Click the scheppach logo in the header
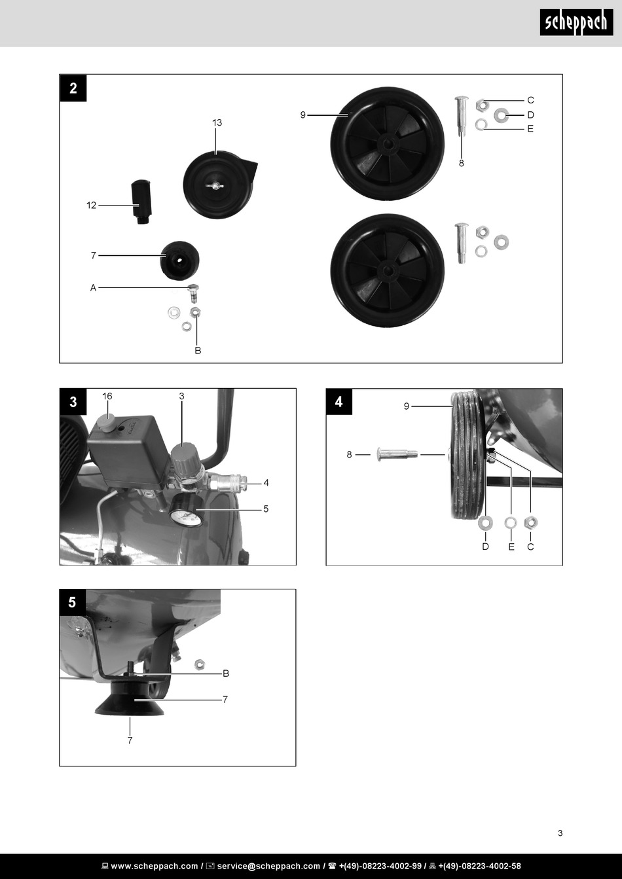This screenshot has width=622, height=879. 576,22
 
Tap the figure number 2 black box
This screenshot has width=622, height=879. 73,88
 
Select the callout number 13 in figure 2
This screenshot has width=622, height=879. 217,123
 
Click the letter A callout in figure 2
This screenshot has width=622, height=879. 93,288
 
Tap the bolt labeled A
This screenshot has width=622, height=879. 193,293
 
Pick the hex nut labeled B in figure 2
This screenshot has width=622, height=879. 195,312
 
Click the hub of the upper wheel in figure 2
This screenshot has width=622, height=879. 388,143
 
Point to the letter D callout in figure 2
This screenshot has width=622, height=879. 530,115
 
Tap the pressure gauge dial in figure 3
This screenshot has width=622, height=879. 187,514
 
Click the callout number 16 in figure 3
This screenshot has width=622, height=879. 107,397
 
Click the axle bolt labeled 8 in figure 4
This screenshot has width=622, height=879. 397,454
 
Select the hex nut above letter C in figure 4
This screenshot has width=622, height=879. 530,522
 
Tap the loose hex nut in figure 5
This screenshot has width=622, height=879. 200,664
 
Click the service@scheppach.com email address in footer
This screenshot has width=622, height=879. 268,866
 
